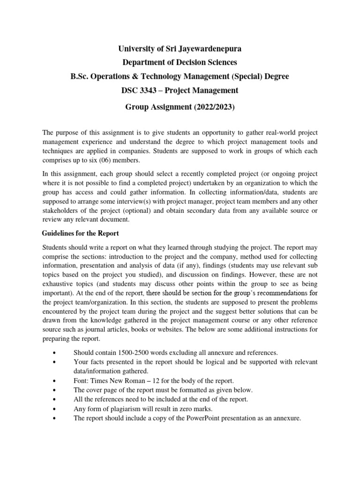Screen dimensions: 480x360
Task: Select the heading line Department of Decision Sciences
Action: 180,62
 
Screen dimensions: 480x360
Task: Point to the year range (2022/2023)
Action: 210,107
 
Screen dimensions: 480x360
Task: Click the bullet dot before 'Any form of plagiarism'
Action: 56,409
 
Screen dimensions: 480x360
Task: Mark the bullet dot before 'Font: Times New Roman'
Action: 56,381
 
